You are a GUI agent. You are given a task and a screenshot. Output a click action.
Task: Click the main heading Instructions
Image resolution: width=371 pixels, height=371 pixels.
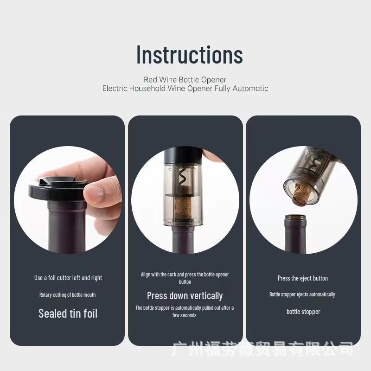pos(189,55)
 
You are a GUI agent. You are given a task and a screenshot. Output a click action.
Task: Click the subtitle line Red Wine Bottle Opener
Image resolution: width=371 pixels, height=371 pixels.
pos(185,80)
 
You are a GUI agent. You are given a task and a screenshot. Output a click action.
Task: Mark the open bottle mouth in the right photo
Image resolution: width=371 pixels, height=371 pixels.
pos(295,218)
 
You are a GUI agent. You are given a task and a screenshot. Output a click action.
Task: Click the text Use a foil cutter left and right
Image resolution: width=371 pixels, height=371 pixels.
pos(68,278)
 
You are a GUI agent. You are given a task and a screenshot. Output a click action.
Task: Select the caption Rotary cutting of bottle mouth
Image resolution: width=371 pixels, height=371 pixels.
pos(68,295)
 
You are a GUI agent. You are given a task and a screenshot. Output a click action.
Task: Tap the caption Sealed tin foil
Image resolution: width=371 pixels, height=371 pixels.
pos(68,313)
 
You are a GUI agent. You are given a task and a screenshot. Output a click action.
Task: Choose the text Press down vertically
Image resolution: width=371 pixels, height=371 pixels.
pos(185,296)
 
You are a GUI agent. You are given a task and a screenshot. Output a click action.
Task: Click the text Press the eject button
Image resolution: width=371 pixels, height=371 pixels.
pos(303,278)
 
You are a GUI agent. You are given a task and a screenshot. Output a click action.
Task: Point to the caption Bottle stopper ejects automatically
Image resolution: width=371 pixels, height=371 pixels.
pos(302,294)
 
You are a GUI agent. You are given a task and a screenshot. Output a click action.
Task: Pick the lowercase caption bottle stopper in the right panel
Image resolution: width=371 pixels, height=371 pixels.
pos(303,312)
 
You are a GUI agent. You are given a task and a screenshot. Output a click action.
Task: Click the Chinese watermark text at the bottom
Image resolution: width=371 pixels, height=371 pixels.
pos(262,349)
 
